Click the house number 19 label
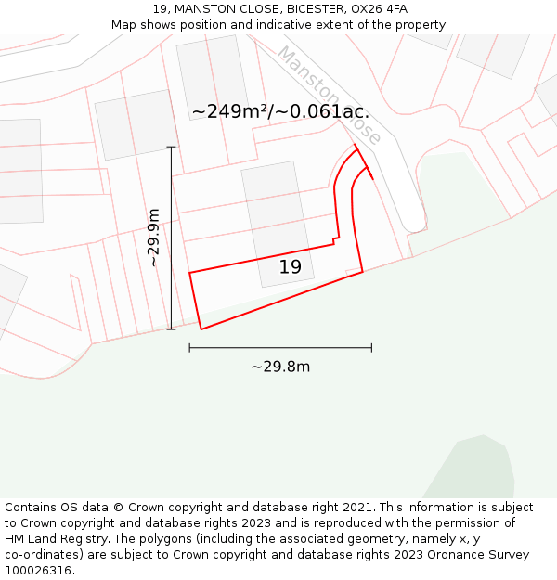pyautogui.click(x=291, y=267)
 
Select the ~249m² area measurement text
pyautogui.click(x=232, y=112)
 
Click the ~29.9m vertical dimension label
pyautogui.click(x=154, y=238)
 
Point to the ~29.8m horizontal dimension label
pyautogui.click(x=280, y=367)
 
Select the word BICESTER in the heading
pyautogui.click(x=317, y=9)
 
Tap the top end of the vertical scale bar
pyautogui.click(x=171, y=147)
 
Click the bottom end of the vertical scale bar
pyautogui.click(x=171, y=329)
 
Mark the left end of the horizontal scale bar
pyautogui.click(x=189, y=348)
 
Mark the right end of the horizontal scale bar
pyautogui.click(x=371, y=348)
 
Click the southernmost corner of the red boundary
pyautogui.click(x=201, y=329)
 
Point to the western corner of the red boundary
pyautogui.click(x=189, y=273)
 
